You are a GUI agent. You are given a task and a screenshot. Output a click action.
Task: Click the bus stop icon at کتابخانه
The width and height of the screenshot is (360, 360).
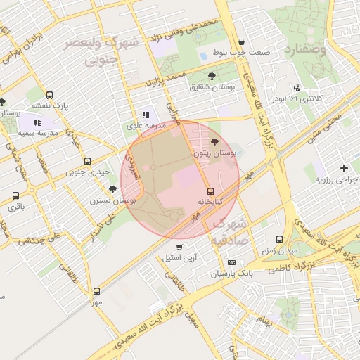pos(210,191)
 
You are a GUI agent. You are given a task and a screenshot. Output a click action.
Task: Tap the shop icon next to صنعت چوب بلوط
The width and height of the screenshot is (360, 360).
pos(242,41)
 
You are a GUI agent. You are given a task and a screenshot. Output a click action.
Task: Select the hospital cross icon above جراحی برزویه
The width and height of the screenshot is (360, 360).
pos(343,168)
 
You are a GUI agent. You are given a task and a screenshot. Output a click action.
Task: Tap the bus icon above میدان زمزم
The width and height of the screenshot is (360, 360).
pos(279,239)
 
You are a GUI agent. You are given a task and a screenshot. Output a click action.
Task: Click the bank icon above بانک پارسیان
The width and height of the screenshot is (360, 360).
pos(231,262)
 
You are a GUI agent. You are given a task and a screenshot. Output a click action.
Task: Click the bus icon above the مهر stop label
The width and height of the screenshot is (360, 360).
pos(96,291)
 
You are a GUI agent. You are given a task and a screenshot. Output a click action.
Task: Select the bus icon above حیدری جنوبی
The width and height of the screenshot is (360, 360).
pos(87,161)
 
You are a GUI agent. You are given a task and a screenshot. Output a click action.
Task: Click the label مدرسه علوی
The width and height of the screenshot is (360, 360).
pos(146,125)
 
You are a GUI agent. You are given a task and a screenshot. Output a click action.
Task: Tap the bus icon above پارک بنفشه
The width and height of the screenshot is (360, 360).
pos(49,95)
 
